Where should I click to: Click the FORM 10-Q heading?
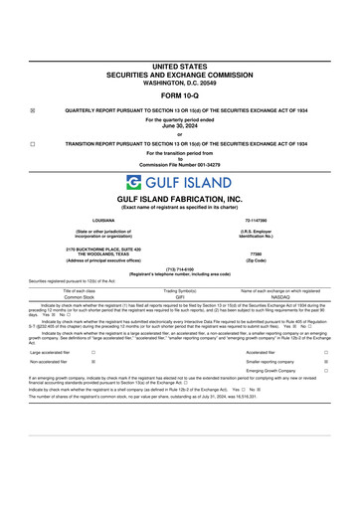[x=180, y=97]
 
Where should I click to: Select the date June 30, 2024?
[x=180, y=125]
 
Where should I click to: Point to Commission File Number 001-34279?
[x=180, y=165]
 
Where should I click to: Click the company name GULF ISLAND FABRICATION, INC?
[x=180, y=200]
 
